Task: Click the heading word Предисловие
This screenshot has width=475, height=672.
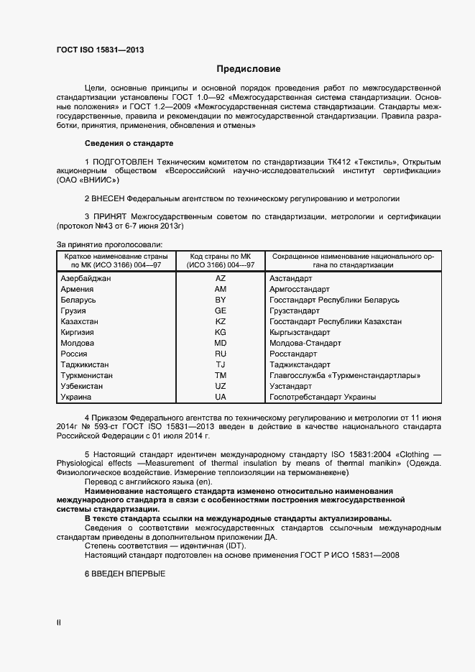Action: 248,69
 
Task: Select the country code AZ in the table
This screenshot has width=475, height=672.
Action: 221,277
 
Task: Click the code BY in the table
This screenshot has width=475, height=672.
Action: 221,299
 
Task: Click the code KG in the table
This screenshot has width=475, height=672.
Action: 221,332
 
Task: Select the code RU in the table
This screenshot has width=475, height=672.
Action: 221,354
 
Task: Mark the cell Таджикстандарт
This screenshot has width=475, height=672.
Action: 300,364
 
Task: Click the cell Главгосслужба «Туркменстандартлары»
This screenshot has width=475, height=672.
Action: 344,375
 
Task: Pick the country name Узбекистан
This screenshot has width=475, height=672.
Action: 83,386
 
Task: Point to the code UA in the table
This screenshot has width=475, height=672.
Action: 221,397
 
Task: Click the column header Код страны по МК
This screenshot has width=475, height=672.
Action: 220,256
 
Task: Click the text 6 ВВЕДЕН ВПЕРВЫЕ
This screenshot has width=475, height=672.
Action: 125,575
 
